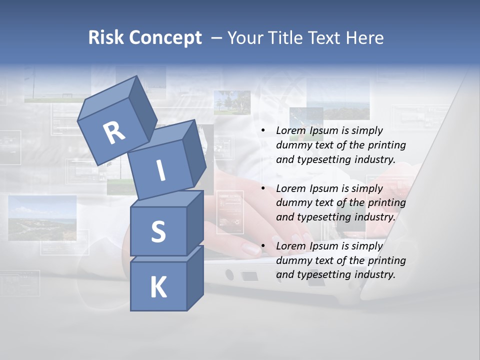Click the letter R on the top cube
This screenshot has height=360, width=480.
(114, 133)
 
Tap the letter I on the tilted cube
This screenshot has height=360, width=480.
(160, 170)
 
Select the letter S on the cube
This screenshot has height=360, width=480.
(158, 231)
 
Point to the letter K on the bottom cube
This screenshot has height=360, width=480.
(158, 287)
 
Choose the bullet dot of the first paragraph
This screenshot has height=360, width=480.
(263, 131)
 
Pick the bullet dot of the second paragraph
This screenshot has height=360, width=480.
(263, 188)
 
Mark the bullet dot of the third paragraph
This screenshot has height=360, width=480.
(263, 246)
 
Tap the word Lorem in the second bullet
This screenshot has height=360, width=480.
(291, 188)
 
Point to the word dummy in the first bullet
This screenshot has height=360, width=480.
(293, 145)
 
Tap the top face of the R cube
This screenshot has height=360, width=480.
(108, 98)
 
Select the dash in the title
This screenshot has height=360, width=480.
(217, 38)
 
